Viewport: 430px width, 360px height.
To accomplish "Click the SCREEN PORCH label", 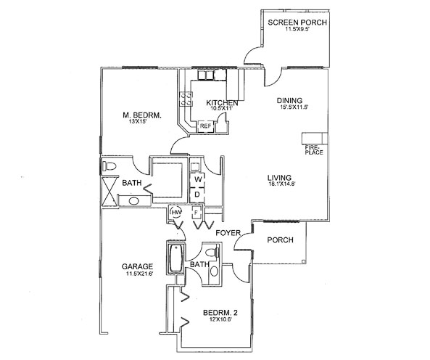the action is coord(297,22).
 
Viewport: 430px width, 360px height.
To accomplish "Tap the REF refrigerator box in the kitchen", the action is coord(206,126).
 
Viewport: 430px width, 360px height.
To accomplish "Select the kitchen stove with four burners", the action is coord(186,99).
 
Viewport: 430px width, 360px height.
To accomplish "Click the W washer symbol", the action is coord(197,180).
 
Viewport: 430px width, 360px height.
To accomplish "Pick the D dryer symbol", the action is coord(197,195).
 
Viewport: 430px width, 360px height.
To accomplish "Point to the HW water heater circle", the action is coord(175,212).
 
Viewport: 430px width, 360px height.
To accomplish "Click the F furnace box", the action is coord(197,213).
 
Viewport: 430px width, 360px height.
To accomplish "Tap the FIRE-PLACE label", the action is coord(314,150).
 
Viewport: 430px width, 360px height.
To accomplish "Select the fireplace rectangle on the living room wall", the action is coord(315,139).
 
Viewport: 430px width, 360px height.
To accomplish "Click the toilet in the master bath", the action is coord(109,166).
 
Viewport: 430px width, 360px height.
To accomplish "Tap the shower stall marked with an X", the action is coord(109,192).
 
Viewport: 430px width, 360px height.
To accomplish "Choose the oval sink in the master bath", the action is coord(134,201).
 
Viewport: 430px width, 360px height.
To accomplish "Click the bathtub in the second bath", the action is coord(176,258).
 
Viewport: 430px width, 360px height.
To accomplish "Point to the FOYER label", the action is coord(228,233).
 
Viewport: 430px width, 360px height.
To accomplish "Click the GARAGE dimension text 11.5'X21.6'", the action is coord(139,274).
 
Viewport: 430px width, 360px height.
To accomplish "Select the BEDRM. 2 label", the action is coord(220,313).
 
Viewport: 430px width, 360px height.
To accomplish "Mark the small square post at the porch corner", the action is coord(303,261).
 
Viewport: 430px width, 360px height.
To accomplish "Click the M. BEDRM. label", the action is coord(142,115).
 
